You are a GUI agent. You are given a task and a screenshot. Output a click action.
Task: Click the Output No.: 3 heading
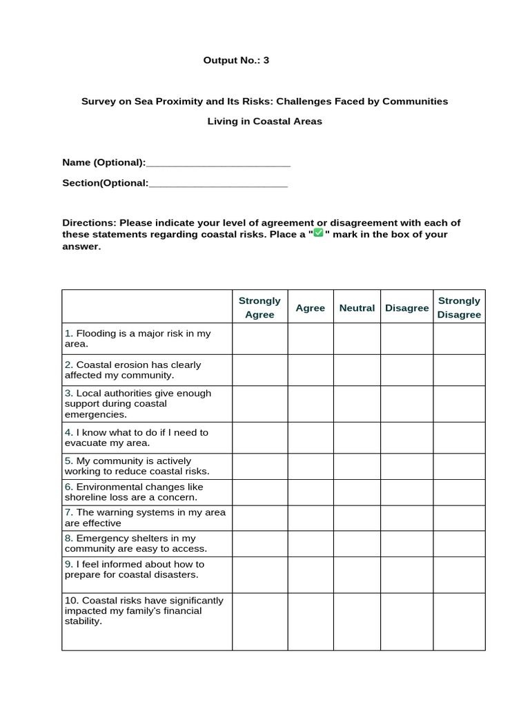pos(236,61)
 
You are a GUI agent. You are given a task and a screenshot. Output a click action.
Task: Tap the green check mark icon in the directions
pos(318,233)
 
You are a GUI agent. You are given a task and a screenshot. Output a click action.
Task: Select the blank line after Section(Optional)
pos(218,184)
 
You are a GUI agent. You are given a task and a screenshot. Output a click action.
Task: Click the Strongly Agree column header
pos(259,308)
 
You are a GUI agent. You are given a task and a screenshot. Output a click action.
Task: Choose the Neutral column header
pos(357,308)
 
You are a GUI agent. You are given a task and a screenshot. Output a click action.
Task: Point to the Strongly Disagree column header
pos(459,308)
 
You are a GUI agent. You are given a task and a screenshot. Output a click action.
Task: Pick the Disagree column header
pos(406,308)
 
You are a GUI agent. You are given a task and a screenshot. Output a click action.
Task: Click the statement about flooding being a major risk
pos(138,338)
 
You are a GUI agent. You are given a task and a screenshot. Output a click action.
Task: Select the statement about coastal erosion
pos(133,370)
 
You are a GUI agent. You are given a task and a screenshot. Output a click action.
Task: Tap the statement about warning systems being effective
pos(145,518)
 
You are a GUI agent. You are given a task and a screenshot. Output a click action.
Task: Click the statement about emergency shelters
pos(136,543)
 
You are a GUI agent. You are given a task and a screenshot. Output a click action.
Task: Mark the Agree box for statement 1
pos(311,339)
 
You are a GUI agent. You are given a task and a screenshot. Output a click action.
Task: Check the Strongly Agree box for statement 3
pos(259,404)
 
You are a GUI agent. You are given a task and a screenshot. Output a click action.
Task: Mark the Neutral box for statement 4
pos(357,438)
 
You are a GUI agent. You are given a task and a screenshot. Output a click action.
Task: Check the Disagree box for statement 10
pos(406,621)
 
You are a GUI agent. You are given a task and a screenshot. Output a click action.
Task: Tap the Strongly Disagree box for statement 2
pos(459,370)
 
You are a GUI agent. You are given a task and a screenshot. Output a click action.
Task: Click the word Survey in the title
pos(99,101)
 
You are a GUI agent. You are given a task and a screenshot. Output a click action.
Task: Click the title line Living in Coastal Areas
pos(265,122)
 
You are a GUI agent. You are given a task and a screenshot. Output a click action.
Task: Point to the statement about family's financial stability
pos(143,611)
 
